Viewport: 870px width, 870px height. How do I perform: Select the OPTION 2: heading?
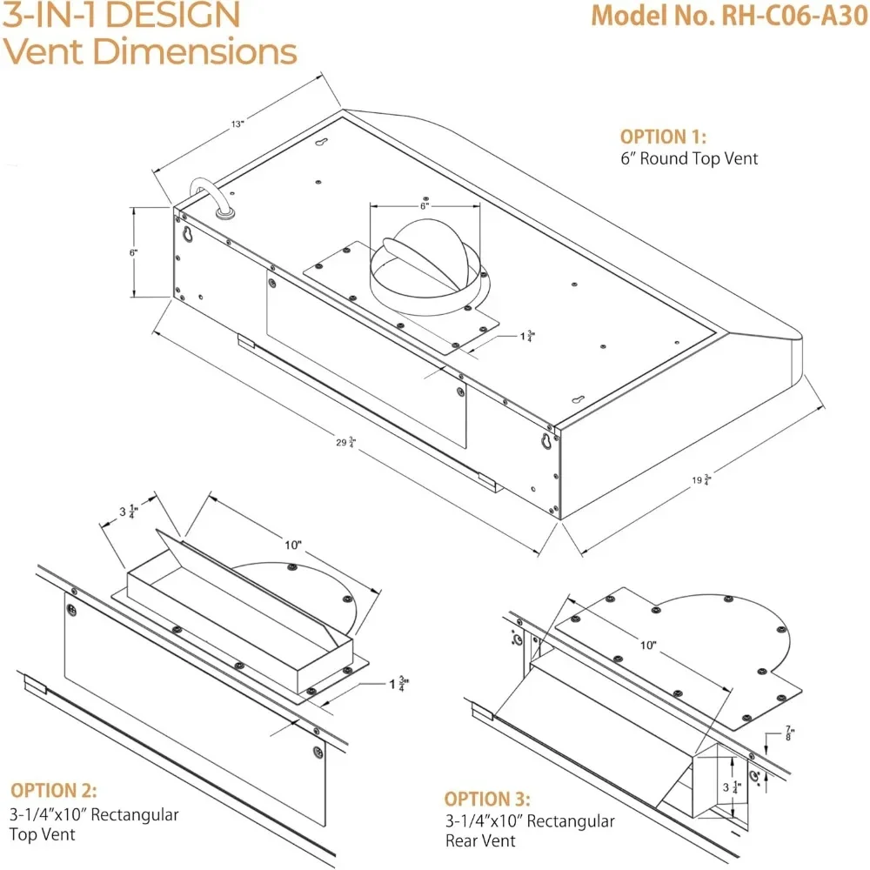point(54,791)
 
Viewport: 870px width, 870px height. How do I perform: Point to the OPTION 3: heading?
point(487,799)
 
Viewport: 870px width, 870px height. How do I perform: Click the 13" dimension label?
point(237,124)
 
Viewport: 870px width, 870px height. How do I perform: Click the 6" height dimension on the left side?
point(133,252)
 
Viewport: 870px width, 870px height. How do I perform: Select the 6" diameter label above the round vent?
point(424,206)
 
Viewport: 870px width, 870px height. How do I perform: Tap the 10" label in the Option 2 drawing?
point(293,545)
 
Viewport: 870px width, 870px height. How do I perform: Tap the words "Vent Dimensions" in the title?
point(149,51)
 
